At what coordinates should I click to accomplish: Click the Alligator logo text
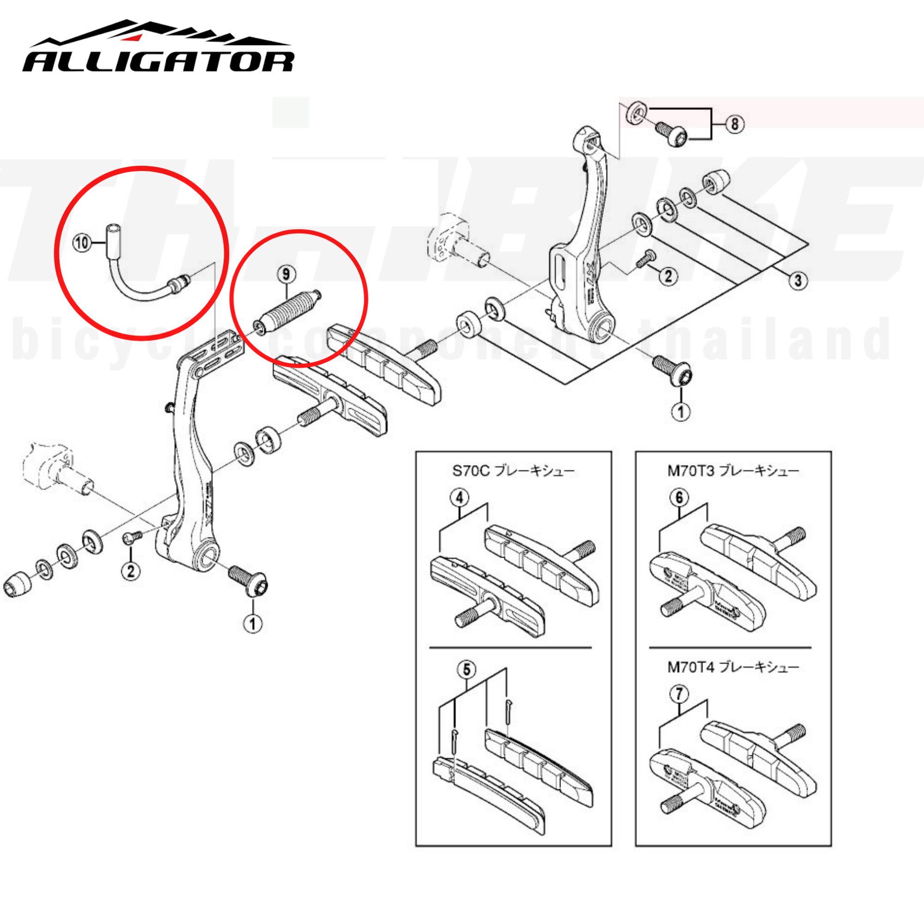pyautogui.click(x=158, y=61)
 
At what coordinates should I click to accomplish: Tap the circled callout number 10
pyautogui.click(x=82, y=243)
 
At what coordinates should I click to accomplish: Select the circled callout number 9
pyautogui.click(x=286, y=274)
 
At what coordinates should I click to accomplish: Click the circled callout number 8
pyautogui.click(x=735, y=124)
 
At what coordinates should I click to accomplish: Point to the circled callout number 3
pyautogui.click(x=797, y=280)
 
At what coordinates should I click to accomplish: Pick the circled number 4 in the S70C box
pyautogui.click(x=459, y=498)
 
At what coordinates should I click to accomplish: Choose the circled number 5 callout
pyautogui.click(x=466, y=669)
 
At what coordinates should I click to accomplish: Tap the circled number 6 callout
pyautogui.click(x=679, y=498)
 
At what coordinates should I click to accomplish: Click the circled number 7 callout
pyautogui.click(x=679, y=694)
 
